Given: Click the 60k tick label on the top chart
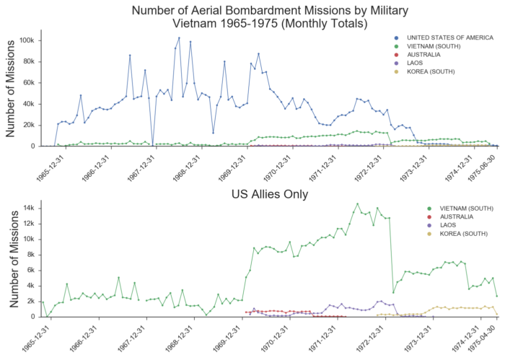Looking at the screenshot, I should pos(29,82).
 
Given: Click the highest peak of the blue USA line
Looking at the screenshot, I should pos(179,38).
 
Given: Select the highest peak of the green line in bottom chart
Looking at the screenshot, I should pos(357,203).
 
